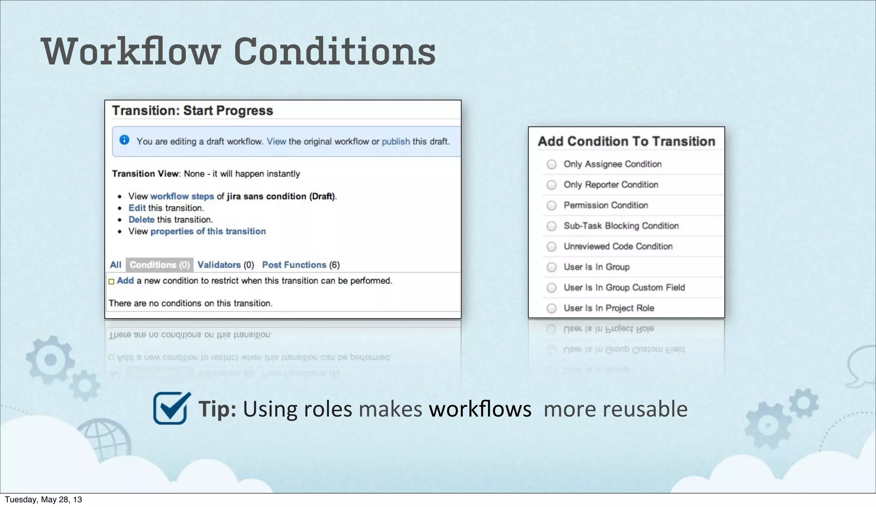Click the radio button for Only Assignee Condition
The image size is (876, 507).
[x=552, y=164]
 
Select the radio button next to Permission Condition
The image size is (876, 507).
[x=552, y=206]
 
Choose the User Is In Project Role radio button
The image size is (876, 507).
[x=552, y=308]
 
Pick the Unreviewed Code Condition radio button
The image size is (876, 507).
[x=552, y=247]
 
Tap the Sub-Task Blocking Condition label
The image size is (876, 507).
[x=621, y=226]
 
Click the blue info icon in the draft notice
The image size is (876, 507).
[x=124, y=140]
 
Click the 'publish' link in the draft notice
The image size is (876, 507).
[x=396, y=141]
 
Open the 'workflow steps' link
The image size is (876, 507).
[x=182, y=196]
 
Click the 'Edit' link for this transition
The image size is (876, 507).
[x=137, y=208]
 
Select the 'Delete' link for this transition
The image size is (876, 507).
[x=141, y=220]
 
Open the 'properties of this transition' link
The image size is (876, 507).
[x=208, y=231]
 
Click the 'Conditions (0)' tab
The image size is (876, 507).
[x=160, y=265]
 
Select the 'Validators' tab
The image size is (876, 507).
[x=219, y=265]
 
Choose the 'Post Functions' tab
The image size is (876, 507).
[x=294, y=265]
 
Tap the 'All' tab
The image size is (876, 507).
[x=115, y=265]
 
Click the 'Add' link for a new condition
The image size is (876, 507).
[x=125, y=280]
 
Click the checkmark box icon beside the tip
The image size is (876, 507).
[x=171, y=408]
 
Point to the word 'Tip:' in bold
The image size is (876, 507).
[x=217, y=409]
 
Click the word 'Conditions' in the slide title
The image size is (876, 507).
[x=334, y=52]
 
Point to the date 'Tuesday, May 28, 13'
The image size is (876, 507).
[x=43, y=500]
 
